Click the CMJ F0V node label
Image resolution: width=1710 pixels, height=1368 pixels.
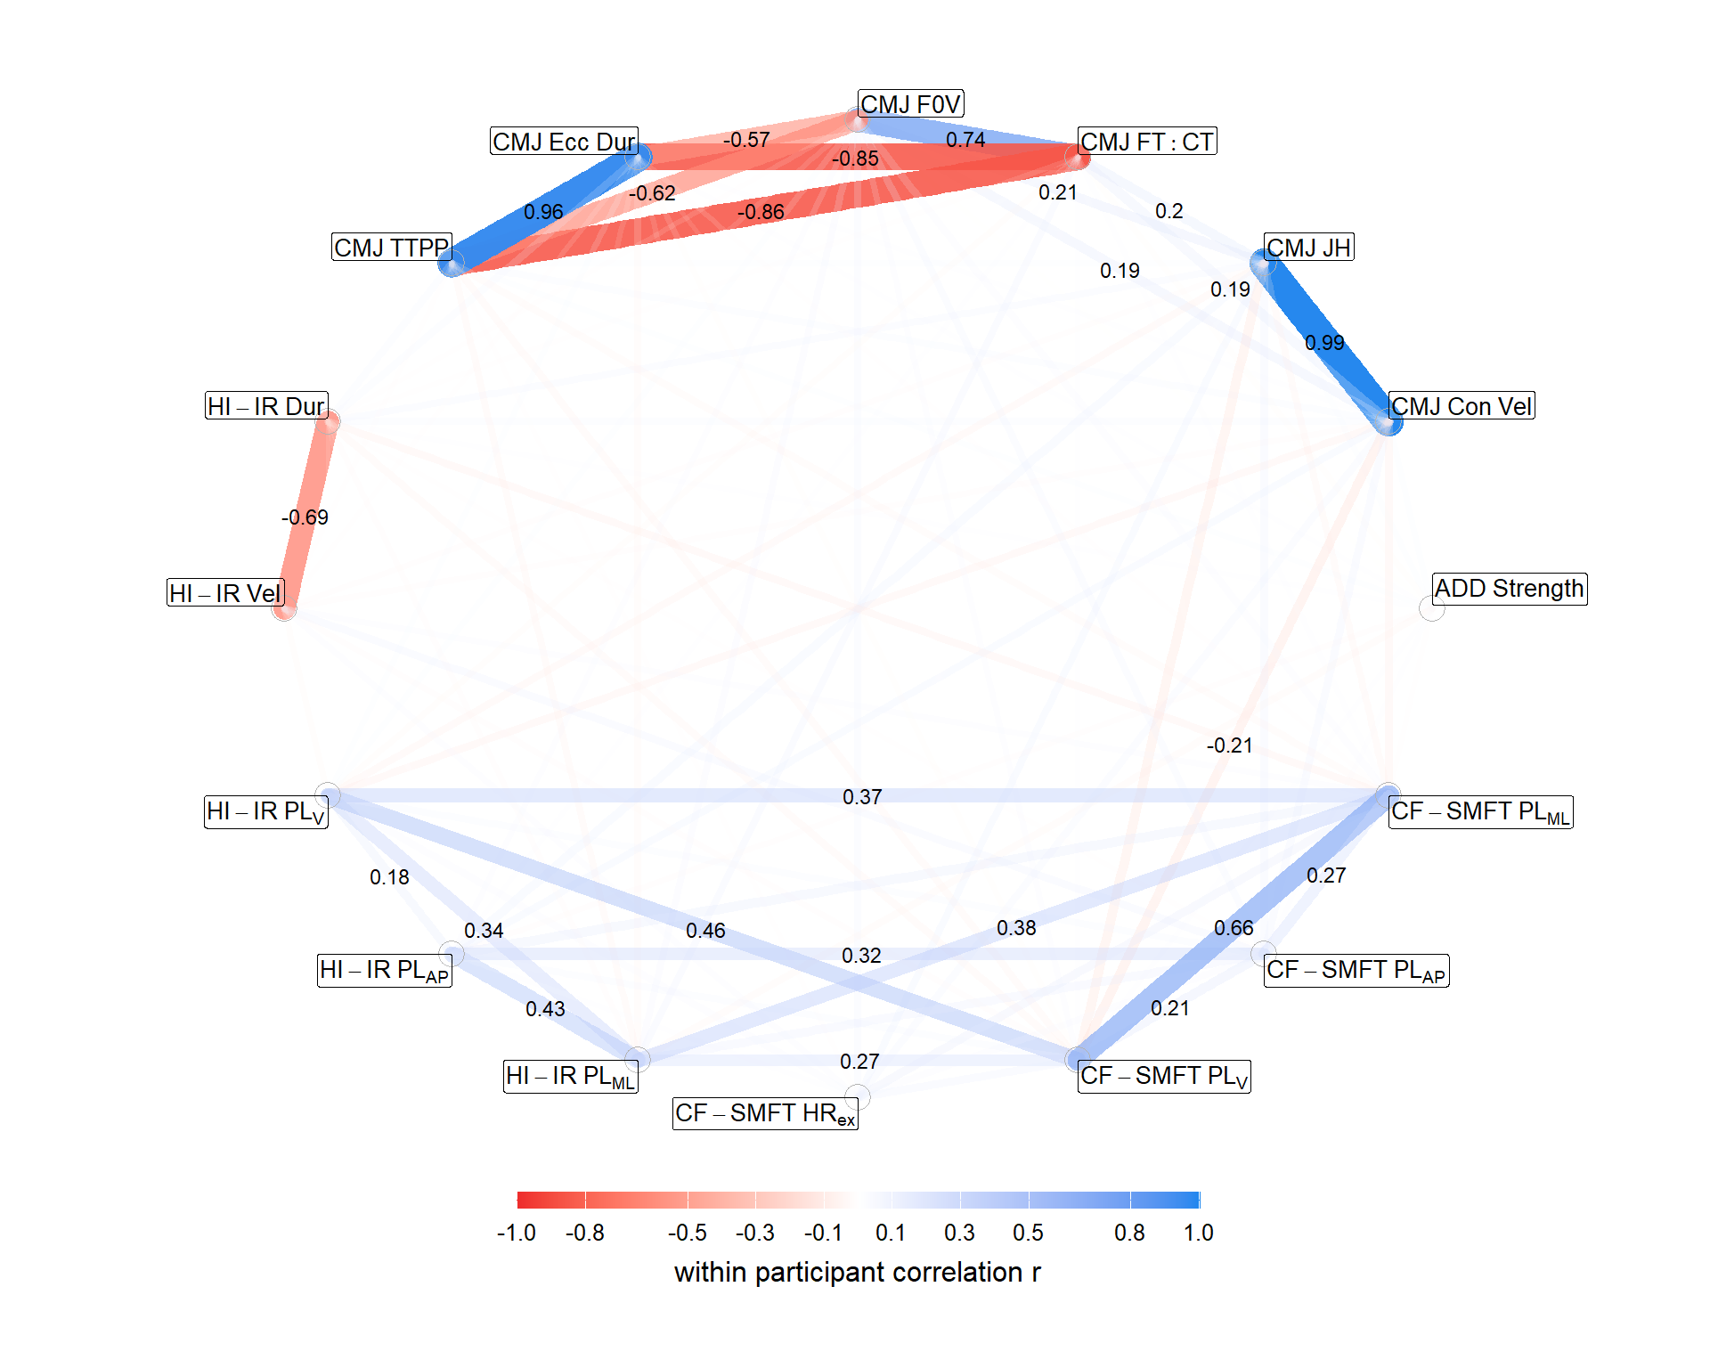[910, 104]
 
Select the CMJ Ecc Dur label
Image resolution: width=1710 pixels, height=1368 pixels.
[564, 142]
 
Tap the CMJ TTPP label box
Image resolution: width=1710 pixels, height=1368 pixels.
[392, 247]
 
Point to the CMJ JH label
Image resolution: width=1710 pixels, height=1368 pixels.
[1308, 247]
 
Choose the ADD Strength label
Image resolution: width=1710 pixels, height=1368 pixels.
[1510, 589]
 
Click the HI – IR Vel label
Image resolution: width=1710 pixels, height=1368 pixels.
[225, 593]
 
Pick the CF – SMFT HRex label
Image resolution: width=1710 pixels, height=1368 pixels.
[765, 1113]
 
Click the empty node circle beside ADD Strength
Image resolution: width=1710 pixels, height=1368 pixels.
[1431, 609]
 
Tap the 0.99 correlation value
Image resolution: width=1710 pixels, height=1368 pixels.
[1324, 343]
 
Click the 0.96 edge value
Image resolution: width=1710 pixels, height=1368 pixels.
[543, 212]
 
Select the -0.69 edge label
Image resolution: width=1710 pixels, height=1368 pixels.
[305, 517]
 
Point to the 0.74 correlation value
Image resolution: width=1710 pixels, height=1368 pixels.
[965, 140]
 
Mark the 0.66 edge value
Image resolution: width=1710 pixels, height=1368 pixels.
[1234, 928]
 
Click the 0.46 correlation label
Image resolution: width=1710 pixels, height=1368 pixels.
[705, 931]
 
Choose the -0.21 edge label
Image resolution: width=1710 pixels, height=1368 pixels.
[1229, 745]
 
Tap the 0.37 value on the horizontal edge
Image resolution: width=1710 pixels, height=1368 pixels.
[862, 797]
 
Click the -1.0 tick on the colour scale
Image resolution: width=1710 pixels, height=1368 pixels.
[517, 1233]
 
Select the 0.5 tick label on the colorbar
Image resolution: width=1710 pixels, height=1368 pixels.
[1028, 1233]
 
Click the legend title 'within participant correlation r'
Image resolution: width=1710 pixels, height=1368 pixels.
[857, 1272]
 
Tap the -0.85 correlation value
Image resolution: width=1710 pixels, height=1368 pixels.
[855, 159]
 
